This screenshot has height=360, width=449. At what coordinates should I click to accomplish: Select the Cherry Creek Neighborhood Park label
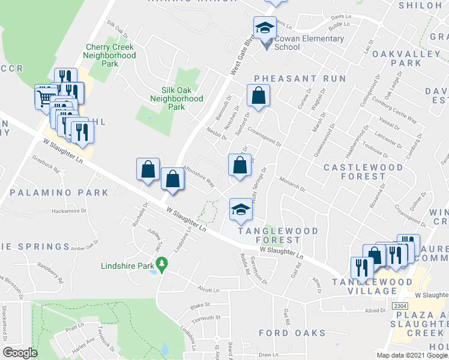[110, 55]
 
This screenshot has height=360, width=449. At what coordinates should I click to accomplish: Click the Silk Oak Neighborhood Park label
[176, 98]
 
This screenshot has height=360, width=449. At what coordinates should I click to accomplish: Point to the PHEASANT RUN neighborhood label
[300, 79]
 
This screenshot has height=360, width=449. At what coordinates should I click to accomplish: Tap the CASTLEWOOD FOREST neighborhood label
[354, 170]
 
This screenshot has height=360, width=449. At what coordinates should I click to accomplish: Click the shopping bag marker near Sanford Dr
[258, 95]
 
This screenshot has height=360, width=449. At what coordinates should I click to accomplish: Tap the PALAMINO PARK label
[55, 193]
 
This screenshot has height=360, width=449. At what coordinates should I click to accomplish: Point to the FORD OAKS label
[292, 332]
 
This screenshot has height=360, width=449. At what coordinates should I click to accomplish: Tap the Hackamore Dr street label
[65, 211]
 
